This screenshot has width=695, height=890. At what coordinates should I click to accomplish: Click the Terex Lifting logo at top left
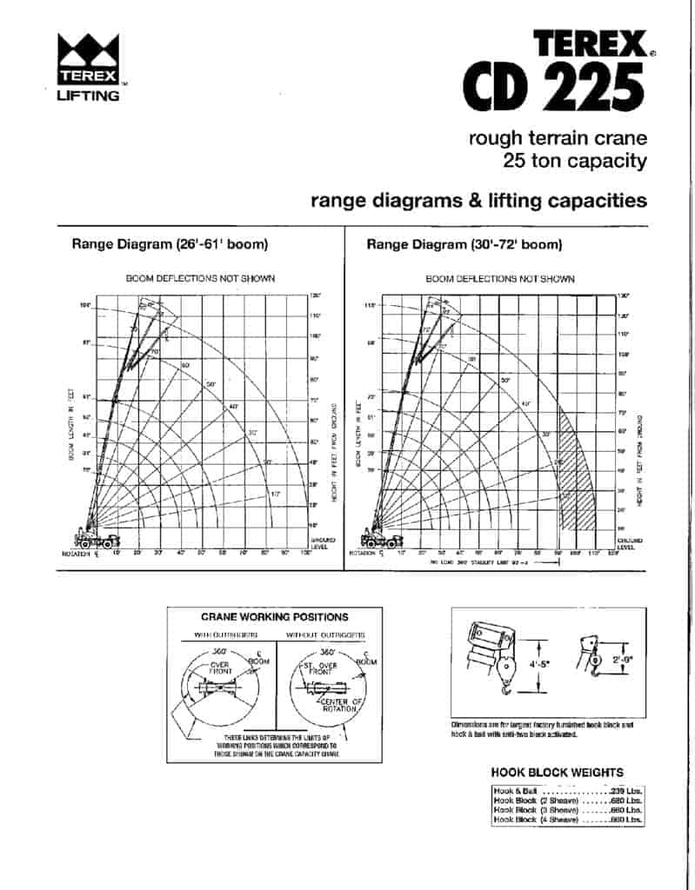click(x=88, y=66)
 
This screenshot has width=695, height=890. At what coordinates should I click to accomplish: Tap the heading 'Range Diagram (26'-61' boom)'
click(x=169, y=244)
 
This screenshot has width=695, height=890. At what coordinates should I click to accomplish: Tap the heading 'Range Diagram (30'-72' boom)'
click(x=464, y=244)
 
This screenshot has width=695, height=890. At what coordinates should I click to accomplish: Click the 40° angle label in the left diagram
click(x=233, y=407)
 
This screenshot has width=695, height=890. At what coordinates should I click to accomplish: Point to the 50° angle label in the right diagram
click(x=505, y=380)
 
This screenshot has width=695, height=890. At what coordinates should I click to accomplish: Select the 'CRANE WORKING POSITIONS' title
click(x=275, y=617)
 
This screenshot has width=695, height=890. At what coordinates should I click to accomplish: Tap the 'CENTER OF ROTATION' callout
click(x=339, y=705)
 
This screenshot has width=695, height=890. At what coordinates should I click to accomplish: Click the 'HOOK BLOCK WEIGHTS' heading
click(x=557, y=772)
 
